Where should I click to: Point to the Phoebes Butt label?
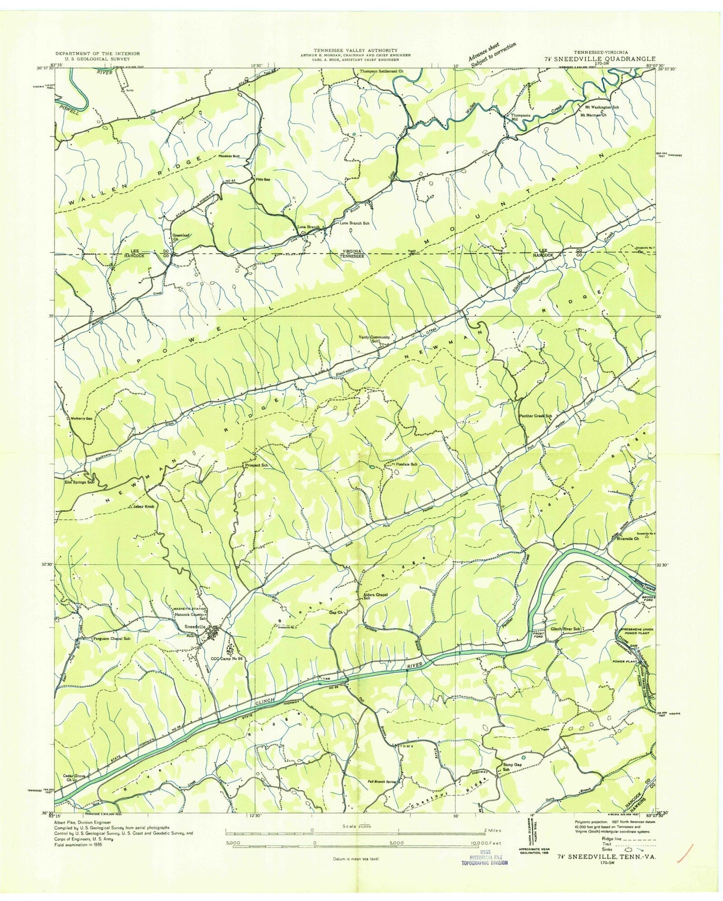click(229, 156)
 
